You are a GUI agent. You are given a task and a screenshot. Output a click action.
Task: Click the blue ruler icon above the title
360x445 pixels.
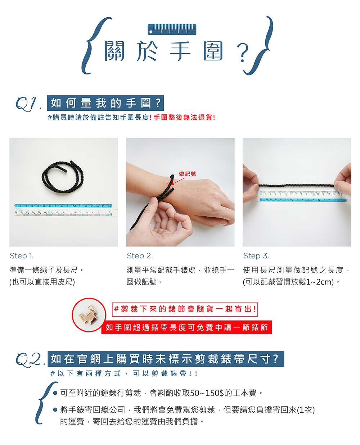click(172, 29)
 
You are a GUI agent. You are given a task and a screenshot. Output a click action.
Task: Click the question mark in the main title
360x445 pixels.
click(243, 53)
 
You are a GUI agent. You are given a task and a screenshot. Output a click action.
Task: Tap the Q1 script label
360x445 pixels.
click(28, 104)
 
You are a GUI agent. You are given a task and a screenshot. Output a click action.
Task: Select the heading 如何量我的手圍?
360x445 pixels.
click(105, 103)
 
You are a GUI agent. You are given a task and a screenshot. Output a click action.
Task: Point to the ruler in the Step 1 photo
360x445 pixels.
click(66, 209)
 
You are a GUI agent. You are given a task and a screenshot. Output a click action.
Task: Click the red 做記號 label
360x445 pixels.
click(188, 174)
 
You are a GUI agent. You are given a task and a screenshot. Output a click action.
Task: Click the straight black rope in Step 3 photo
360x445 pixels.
click(296, 185)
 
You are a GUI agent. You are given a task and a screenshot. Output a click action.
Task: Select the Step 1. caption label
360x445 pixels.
click(22, 256)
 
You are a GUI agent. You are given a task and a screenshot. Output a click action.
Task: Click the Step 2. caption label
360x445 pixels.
click(140, 256)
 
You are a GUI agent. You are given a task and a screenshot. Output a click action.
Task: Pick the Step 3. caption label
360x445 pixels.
click(256, 256)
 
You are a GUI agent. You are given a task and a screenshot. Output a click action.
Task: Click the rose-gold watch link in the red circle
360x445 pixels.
click(89, 315)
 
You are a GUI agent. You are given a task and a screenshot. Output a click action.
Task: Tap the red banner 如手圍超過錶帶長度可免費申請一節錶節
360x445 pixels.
click(186, 327)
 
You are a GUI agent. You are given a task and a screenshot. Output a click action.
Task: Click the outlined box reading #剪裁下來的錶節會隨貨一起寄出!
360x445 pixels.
click(185, 309)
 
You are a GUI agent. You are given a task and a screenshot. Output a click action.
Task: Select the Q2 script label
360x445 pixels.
click(30, 360)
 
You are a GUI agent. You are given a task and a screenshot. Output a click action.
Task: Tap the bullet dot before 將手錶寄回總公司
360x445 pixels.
click(55, 410)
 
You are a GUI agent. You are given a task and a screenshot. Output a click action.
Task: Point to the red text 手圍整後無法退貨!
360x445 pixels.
click(184, 117)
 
